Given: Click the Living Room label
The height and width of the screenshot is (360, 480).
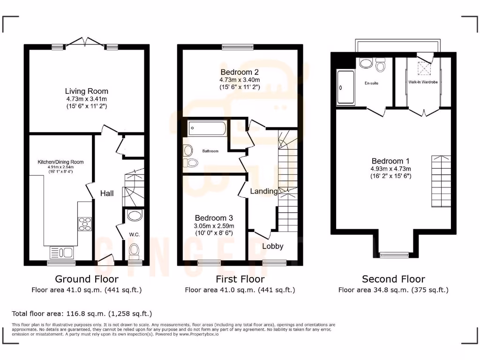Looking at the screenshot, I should coord(86,91).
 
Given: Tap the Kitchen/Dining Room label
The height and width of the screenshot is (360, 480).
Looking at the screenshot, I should coord(60,162).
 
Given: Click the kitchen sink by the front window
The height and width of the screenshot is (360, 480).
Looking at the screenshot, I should coord(61,253).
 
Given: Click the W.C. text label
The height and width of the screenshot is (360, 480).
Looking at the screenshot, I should coord(135,234).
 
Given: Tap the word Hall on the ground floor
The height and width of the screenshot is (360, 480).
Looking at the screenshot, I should coord(106,193).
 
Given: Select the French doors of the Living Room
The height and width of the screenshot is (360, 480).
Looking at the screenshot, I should coord(85,43).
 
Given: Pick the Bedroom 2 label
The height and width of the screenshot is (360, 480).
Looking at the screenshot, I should coord(240,72).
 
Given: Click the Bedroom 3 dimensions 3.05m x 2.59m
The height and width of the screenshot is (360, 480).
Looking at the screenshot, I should coord(214,226).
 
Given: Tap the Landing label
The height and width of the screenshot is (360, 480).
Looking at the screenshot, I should coord(263,191).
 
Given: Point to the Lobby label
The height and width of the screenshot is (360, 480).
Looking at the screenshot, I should coord(272,246).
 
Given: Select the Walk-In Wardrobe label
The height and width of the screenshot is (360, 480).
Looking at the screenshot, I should coord(423,82).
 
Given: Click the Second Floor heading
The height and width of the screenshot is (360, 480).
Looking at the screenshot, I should coord(393,279).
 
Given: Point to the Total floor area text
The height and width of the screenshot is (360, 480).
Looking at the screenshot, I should coord(82,313).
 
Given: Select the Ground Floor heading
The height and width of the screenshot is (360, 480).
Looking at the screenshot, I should coord(87,279).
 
